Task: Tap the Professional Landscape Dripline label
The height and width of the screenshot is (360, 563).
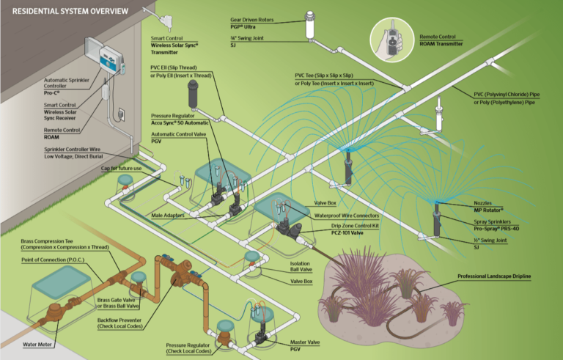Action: [x=493, y=276]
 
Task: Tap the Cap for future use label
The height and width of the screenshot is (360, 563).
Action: [x=121, y=168]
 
